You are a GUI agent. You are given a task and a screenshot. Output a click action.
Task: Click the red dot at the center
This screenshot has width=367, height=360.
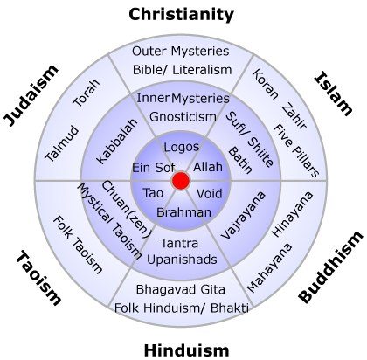pos(181,181)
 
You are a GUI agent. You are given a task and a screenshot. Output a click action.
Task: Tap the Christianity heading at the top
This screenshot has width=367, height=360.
pos(181,15)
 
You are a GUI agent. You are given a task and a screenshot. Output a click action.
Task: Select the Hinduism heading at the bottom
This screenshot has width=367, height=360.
pos(186,350)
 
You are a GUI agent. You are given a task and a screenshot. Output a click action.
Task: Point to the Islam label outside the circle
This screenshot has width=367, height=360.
pos(334,93)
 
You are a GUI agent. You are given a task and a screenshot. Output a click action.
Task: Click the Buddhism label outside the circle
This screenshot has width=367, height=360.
pos(331,267)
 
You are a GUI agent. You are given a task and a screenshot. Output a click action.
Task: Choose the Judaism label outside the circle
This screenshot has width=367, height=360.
pos(31,95)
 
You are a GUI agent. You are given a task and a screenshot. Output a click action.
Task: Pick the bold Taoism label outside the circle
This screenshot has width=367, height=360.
pos(38,279)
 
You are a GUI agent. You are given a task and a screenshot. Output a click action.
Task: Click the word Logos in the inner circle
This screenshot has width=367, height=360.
pos(182,147)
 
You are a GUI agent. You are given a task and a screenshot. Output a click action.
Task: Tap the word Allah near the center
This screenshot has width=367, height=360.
pos(208,167)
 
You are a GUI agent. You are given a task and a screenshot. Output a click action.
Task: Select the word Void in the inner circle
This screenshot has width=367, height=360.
pos(209,193)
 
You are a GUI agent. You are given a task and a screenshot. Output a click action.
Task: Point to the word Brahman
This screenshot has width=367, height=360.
pos(183,212)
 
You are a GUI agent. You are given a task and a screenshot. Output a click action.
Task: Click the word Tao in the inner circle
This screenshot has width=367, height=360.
pos(153,193)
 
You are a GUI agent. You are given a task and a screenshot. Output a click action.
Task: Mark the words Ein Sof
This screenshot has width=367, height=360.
pos(154,168)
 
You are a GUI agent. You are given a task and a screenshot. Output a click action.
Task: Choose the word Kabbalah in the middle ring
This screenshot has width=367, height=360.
pos(116,141)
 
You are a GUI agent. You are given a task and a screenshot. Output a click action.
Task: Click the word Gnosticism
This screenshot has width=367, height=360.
pos(183,117)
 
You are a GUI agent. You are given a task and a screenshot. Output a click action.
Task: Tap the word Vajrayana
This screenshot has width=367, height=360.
pos(243,215)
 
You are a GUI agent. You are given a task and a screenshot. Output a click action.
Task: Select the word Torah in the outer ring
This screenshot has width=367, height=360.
pos(86,93)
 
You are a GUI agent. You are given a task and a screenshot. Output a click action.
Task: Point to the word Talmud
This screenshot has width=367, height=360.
pos(62,143)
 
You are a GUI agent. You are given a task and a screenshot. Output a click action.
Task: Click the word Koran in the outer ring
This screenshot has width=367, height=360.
pos(265,84)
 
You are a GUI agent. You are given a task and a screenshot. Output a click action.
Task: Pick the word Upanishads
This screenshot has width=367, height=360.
pos(182,260)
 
